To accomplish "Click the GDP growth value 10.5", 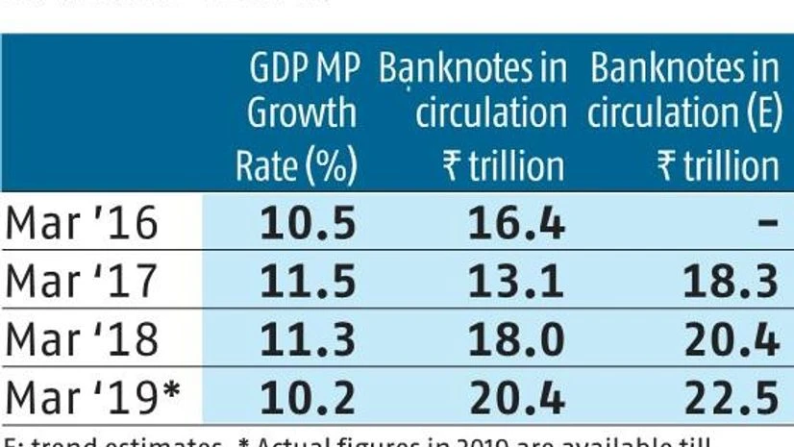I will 309,225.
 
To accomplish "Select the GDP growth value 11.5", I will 309,283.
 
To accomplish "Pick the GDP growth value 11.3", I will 309,339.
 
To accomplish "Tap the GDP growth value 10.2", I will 309,396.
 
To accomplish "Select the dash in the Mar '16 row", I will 766,225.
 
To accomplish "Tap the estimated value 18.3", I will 732,283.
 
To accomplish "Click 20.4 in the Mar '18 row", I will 732,339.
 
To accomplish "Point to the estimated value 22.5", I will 732,396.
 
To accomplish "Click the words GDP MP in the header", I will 303,69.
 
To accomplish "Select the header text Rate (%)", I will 297,165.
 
